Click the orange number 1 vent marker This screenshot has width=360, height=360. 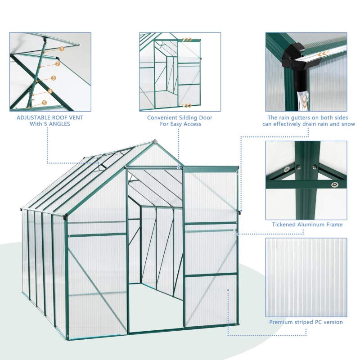(62, 48)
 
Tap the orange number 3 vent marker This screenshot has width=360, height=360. (54, 78)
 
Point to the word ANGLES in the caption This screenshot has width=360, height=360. (60, 124)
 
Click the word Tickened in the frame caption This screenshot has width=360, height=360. (284, 225)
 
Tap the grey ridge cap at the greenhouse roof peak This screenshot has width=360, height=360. (154, 142)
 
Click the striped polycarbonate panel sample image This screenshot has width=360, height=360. (306, 277)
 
